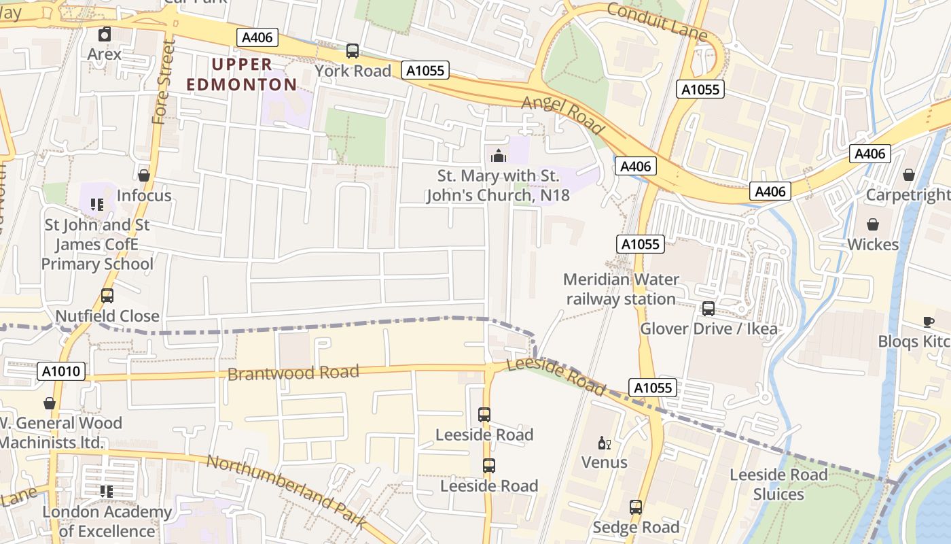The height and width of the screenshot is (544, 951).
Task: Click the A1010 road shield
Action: pyautogui.click(x=61, y=371)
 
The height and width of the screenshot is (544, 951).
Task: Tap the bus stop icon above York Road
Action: pyautogui.click(x=352, y=50)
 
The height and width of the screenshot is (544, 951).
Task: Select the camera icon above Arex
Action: pyautogui.click(x=105, y=33)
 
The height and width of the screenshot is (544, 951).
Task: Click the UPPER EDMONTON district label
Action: pyautogui.click(x=241, y=75)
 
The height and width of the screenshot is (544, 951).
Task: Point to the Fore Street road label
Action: pyautogui.click(x=163, y=82)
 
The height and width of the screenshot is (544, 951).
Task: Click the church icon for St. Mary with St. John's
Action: pyautogui.click(x=498, y=156)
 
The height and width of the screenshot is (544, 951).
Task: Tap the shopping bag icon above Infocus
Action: pyautogui.click(x=143, y=175)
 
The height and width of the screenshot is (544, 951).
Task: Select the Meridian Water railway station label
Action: pyautogui.click(x=621, y=289)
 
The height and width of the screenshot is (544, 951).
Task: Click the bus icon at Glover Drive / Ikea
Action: pyautogui.click(x=708, y=309)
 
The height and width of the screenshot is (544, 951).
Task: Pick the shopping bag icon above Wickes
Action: pyautogui.click(x=873, y=224)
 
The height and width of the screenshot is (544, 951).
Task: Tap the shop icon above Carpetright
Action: pyautogui.click(x=909, y=175)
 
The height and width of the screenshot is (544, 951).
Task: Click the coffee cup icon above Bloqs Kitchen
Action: pyautogui.click(x=929, y=322)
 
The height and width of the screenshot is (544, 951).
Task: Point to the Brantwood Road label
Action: pyautogui.click(x=293, y=373)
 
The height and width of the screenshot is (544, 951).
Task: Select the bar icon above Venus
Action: pyautogui.click(x=604, y=443)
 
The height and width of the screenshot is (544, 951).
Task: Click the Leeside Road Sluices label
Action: pyautogui.click(x=778, y=484)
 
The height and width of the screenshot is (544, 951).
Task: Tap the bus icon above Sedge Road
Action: pyautogui.click(x=636, y=507)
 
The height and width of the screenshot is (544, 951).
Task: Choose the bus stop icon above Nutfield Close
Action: pyautogui.click(x=107, y=296)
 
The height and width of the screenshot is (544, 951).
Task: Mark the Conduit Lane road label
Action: pyautogui.click(x=657, y=20)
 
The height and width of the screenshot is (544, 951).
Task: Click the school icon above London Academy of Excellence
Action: pyautogui.click(x=107, y=491)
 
